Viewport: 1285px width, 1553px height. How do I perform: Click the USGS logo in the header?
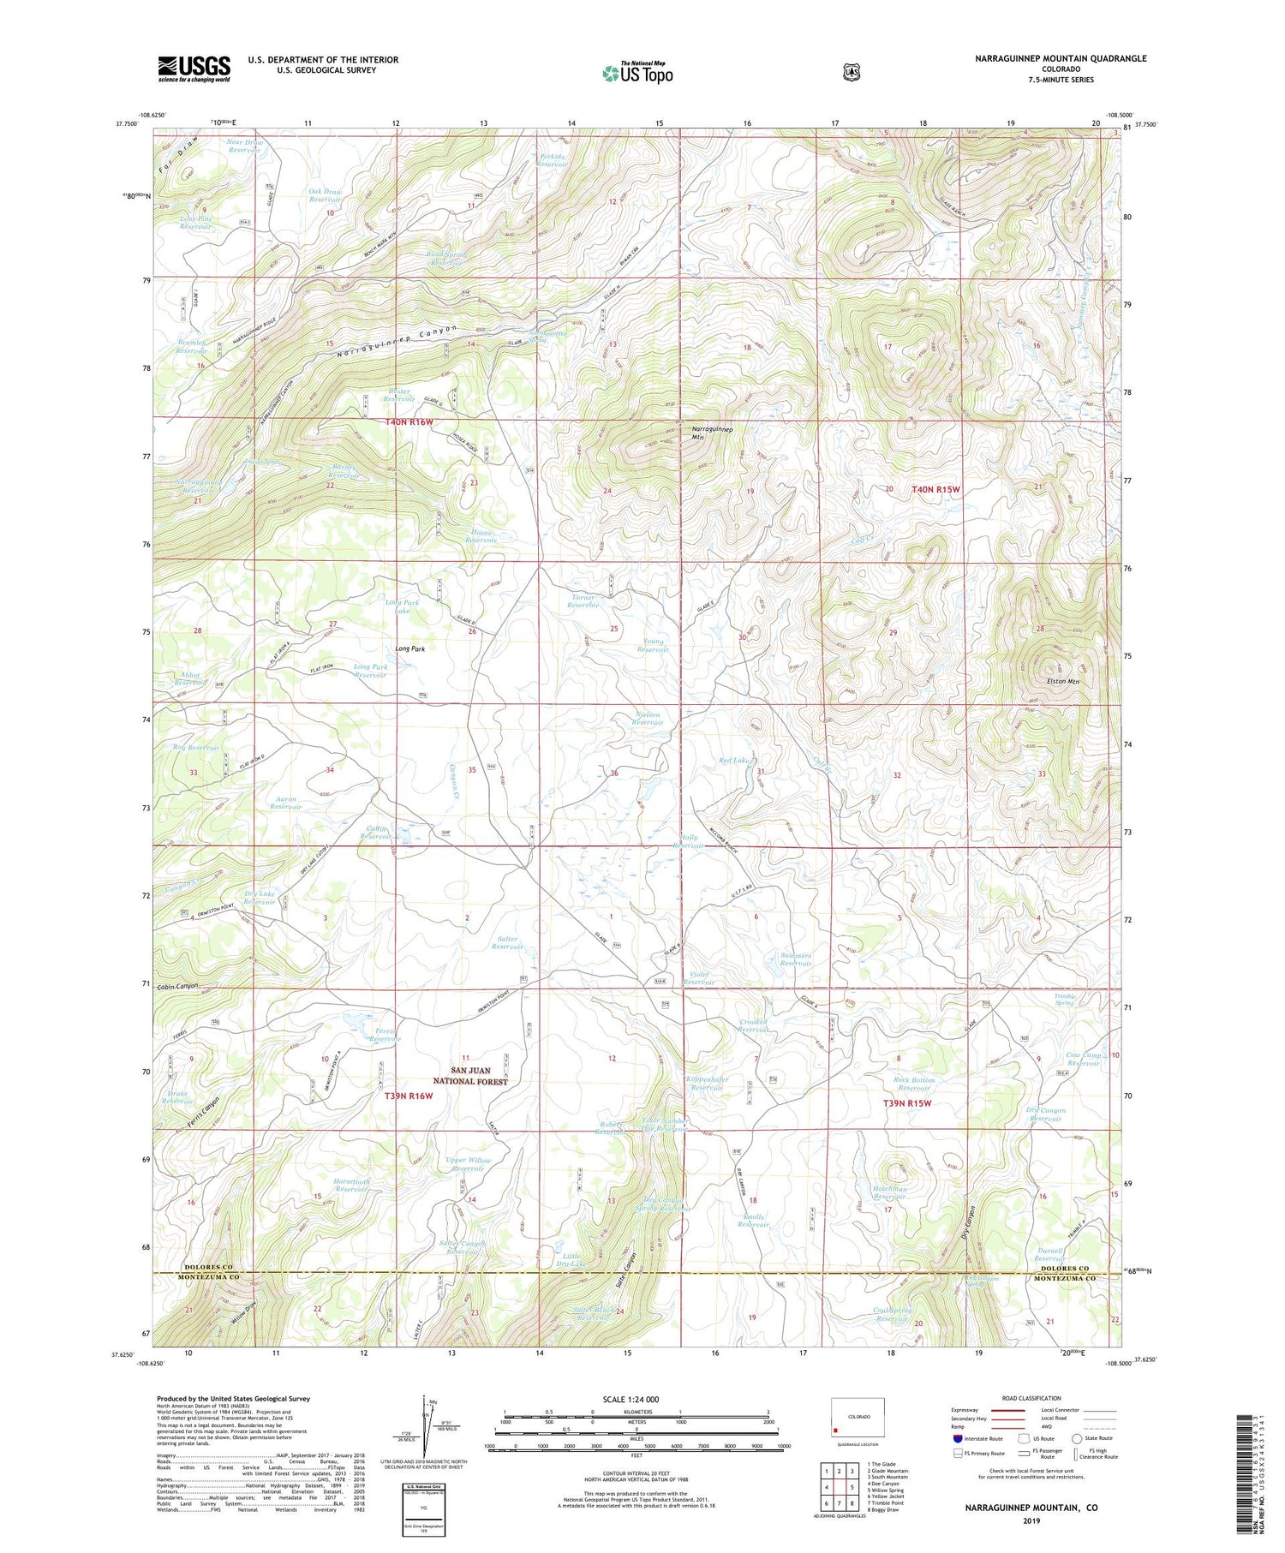194,69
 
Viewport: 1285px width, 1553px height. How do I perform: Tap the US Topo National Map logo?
638,73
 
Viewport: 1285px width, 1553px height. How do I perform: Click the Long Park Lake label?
403,606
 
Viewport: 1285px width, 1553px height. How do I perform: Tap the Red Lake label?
734,760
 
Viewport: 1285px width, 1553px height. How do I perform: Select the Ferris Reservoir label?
385,1035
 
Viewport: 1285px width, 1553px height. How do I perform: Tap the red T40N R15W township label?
935,489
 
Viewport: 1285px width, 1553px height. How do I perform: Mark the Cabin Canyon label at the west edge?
177,986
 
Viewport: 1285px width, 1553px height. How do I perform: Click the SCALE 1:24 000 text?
637,1399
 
